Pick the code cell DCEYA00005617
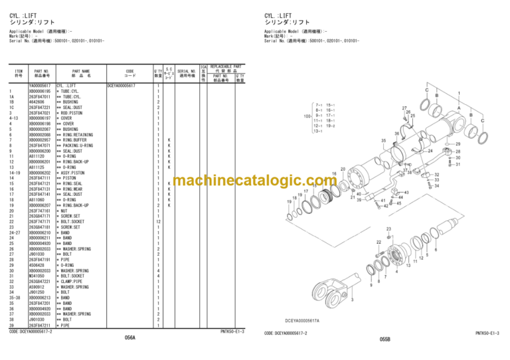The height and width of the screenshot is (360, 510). pos(122,86)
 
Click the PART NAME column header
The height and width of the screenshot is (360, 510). pos(81,73)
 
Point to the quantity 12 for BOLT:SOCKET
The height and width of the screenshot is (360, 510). pos(158,221)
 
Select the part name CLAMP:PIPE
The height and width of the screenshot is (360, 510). pos(70,281)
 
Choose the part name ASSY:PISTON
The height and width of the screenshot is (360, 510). pos(70,173)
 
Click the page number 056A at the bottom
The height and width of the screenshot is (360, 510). pos(129,337)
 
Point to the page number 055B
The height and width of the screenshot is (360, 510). pos(384,339)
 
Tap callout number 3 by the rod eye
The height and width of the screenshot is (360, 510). pos(351,300)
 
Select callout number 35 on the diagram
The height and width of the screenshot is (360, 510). pos(383,141)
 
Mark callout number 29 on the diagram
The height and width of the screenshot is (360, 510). pos(457,143)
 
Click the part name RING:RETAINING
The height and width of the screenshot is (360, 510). pos(75,135)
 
